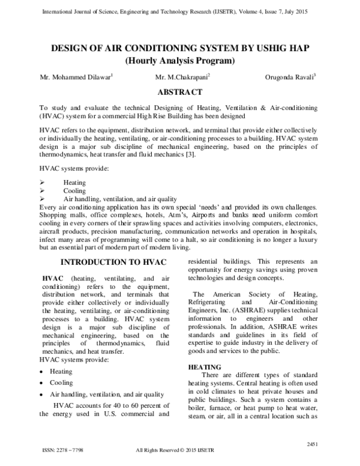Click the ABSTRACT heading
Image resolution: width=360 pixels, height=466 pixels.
click(179, 93)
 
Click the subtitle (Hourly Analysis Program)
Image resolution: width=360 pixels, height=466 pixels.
click(179, 61)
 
